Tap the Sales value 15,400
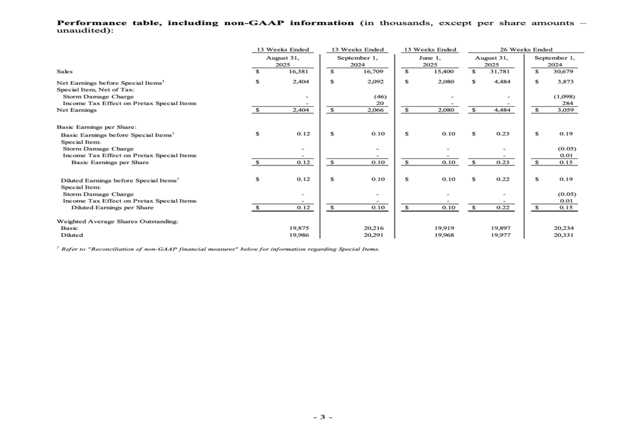446,72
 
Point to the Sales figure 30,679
563,72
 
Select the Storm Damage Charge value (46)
379,97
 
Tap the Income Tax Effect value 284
567,103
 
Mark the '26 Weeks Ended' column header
526,50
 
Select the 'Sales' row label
64,72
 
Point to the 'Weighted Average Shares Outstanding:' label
118,221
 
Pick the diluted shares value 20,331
563,235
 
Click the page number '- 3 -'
322,417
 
